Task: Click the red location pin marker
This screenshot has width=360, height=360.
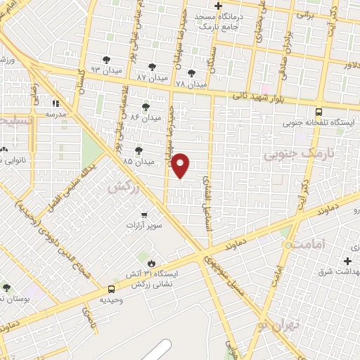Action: point(181,165)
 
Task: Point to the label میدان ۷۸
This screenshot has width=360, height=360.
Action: point(191,84)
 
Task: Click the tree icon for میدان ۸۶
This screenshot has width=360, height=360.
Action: point(146,106)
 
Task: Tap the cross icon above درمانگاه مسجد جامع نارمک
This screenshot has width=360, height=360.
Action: point(219,6)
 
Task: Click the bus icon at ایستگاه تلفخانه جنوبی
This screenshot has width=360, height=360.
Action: point(319,111)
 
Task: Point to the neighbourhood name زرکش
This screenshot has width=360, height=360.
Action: point(122,187)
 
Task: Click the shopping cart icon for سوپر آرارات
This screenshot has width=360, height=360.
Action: point(144,215)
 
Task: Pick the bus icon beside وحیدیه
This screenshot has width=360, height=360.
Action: point(111,289)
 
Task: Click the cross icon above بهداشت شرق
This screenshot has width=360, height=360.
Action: point(347,261)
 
